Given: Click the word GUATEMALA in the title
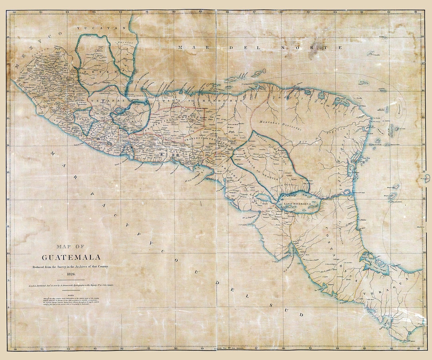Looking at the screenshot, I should pos(71,257).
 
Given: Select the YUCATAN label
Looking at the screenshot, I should pos(102,28).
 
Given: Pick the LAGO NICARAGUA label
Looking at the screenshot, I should pos(297,204).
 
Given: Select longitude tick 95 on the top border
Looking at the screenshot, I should pos(41,12).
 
